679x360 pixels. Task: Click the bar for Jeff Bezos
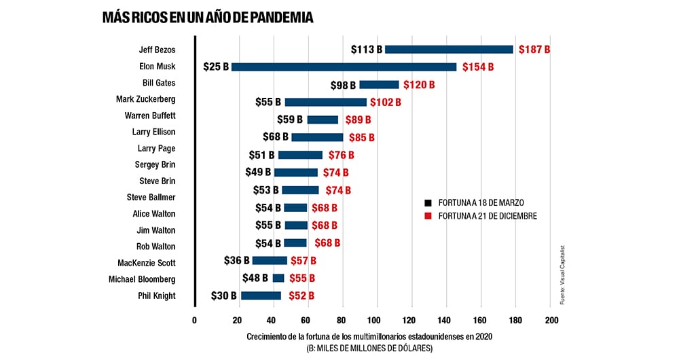pos(449,50)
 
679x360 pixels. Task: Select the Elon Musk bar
pos(344,67)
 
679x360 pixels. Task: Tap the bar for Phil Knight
pos(261,295)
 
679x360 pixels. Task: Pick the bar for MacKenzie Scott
pos(270,260)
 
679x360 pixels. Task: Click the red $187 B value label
pos(534,50)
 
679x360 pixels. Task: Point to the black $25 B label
pos(216,67)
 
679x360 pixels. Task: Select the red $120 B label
pos(419,85)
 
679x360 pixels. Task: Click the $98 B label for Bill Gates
pos(344,85)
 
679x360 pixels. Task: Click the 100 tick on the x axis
pos(373,321)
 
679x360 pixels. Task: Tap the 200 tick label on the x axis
pos(552,321)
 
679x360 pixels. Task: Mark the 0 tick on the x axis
pos(194,321)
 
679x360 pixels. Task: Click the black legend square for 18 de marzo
pos(428,202)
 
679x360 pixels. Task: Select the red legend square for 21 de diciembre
pos(428,216)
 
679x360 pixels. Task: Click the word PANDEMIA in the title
pos(279,18)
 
